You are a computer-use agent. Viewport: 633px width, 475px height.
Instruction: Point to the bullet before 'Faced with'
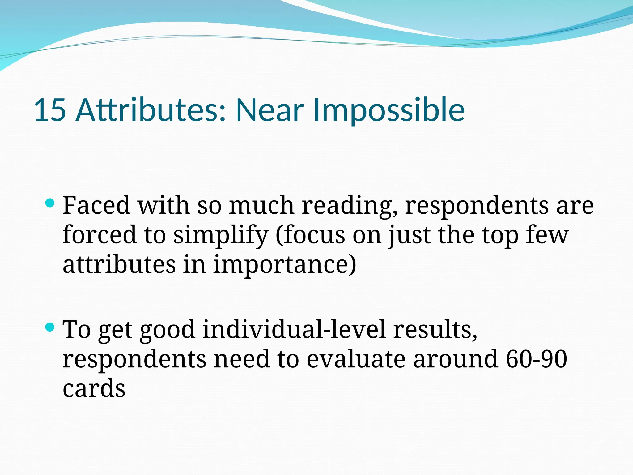click(49, 203)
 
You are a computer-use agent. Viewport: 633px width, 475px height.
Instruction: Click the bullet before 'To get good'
click(49, 327)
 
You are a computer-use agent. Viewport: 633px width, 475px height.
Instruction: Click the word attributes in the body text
click(119, 265)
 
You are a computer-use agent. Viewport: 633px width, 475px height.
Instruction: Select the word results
click(435, 330)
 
